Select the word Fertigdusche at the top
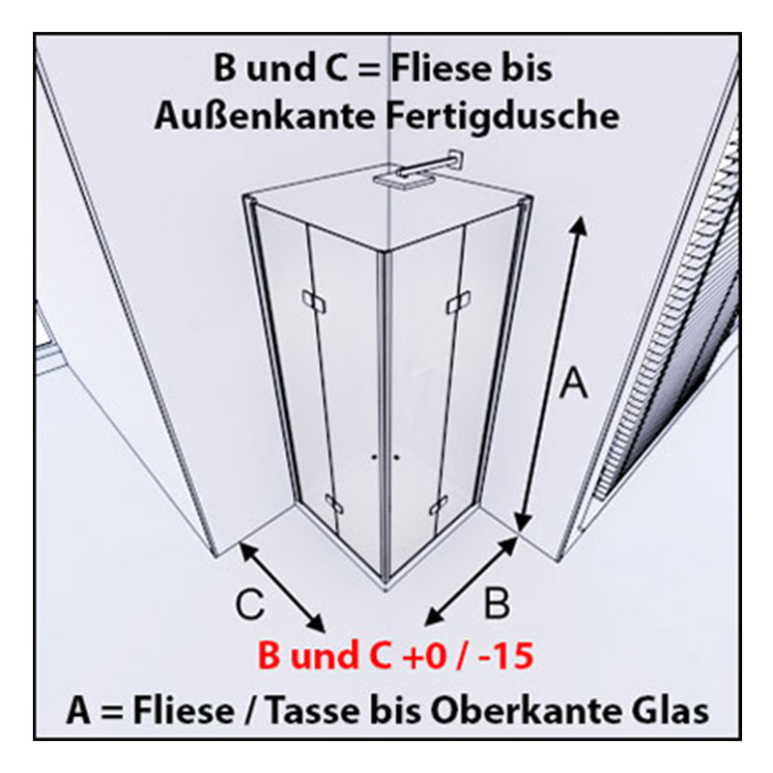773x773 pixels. tap(501, 116)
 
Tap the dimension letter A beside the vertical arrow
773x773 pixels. tap(574, 382)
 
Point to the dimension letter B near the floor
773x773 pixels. tap(497, 603)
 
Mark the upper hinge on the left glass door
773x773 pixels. tap(313, 301)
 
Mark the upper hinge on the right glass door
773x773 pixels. tap(458, 301)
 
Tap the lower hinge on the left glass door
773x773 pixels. tap(333, 503)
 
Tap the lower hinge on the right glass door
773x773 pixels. tap(439, 504)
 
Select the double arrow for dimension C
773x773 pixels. tap(282, 587)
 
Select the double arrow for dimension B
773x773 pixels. tap(472, 581)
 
